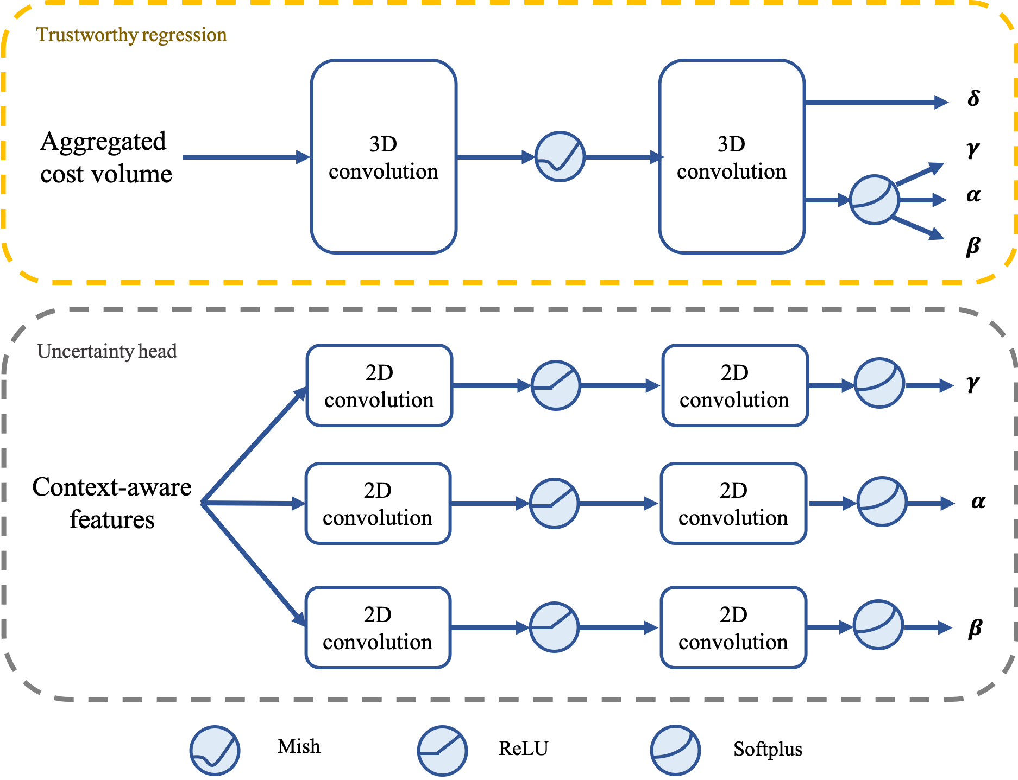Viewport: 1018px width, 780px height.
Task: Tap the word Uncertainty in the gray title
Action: tap(85, 351)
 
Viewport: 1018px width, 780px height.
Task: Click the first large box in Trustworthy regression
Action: tap(384, 156)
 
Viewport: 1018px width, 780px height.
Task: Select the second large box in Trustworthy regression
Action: tap(731, 156)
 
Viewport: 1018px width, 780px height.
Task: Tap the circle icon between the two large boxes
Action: tap(560, 157)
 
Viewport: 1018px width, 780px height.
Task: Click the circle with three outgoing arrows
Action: tap(874, 200)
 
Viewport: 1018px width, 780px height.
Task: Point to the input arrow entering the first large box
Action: tap(244, 157)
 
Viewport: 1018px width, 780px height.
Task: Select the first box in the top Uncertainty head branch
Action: tap(379, 385)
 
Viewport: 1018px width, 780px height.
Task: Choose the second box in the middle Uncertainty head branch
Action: tap(733, 504)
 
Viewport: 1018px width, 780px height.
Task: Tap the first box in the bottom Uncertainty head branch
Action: tap(378, 627)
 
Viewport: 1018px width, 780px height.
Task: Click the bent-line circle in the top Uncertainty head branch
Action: tap(555, 385)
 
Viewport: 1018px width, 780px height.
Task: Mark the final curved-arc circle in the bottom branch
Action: tap(878, 625)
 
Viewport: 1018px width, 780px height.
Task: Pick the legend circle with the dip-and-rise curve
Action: tap(215, 751)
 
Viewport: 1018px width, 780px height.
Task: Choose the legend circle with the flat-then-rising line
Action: tap(442, 751)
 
